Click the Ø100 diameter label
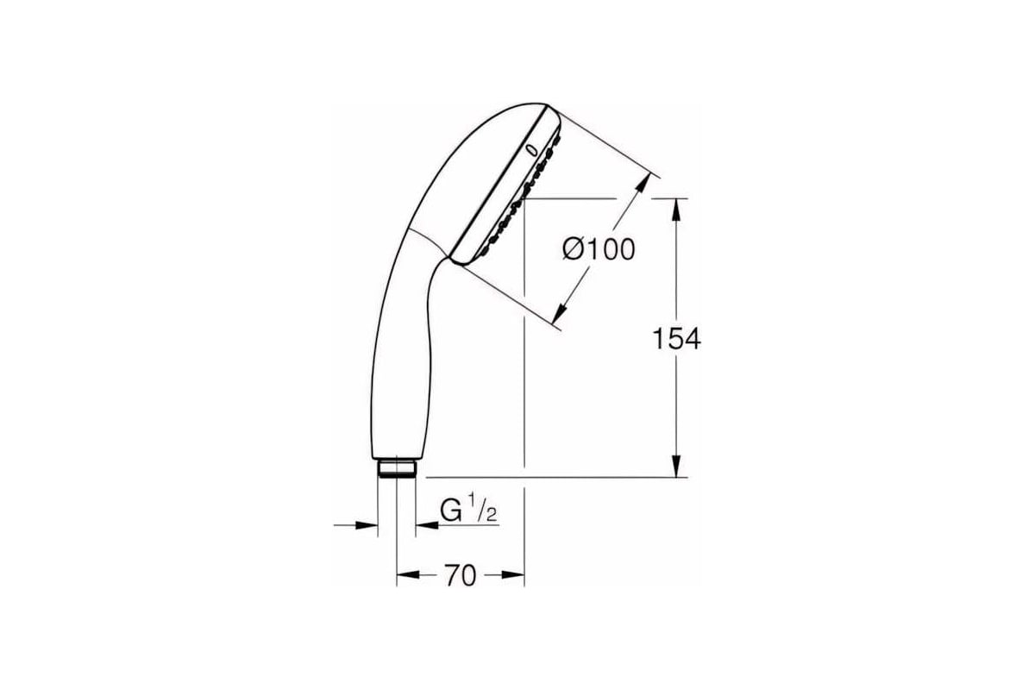pyautogui.click(x=598, y=249)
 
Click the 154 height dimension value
pyautogui.click(x=674, y=339)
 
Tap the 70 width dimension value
pyautogui.click(x=461, y=575)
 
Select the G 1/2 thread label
pyautogui.click(x=468, y=511)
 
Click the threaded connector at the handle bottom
pyautogui.click(x=396, y=468)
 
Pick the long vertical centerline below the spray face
pyautogui.click(x=524, y=388)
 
